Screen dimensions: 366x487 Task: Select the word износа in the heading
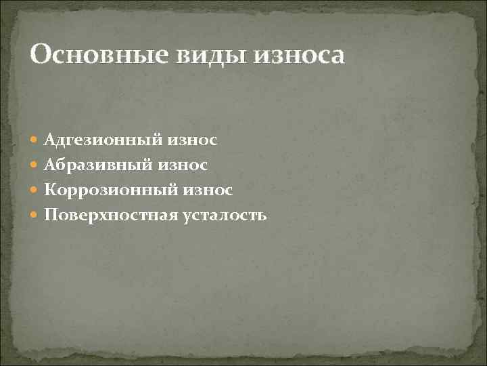298,55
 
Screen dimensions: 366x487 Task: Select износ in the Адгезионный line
192,140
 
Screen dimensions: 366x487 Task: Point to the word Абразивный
98,165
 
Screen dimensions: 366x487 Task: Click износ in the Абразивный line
183,165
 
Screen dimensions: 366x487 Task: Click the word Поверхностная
111,216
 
